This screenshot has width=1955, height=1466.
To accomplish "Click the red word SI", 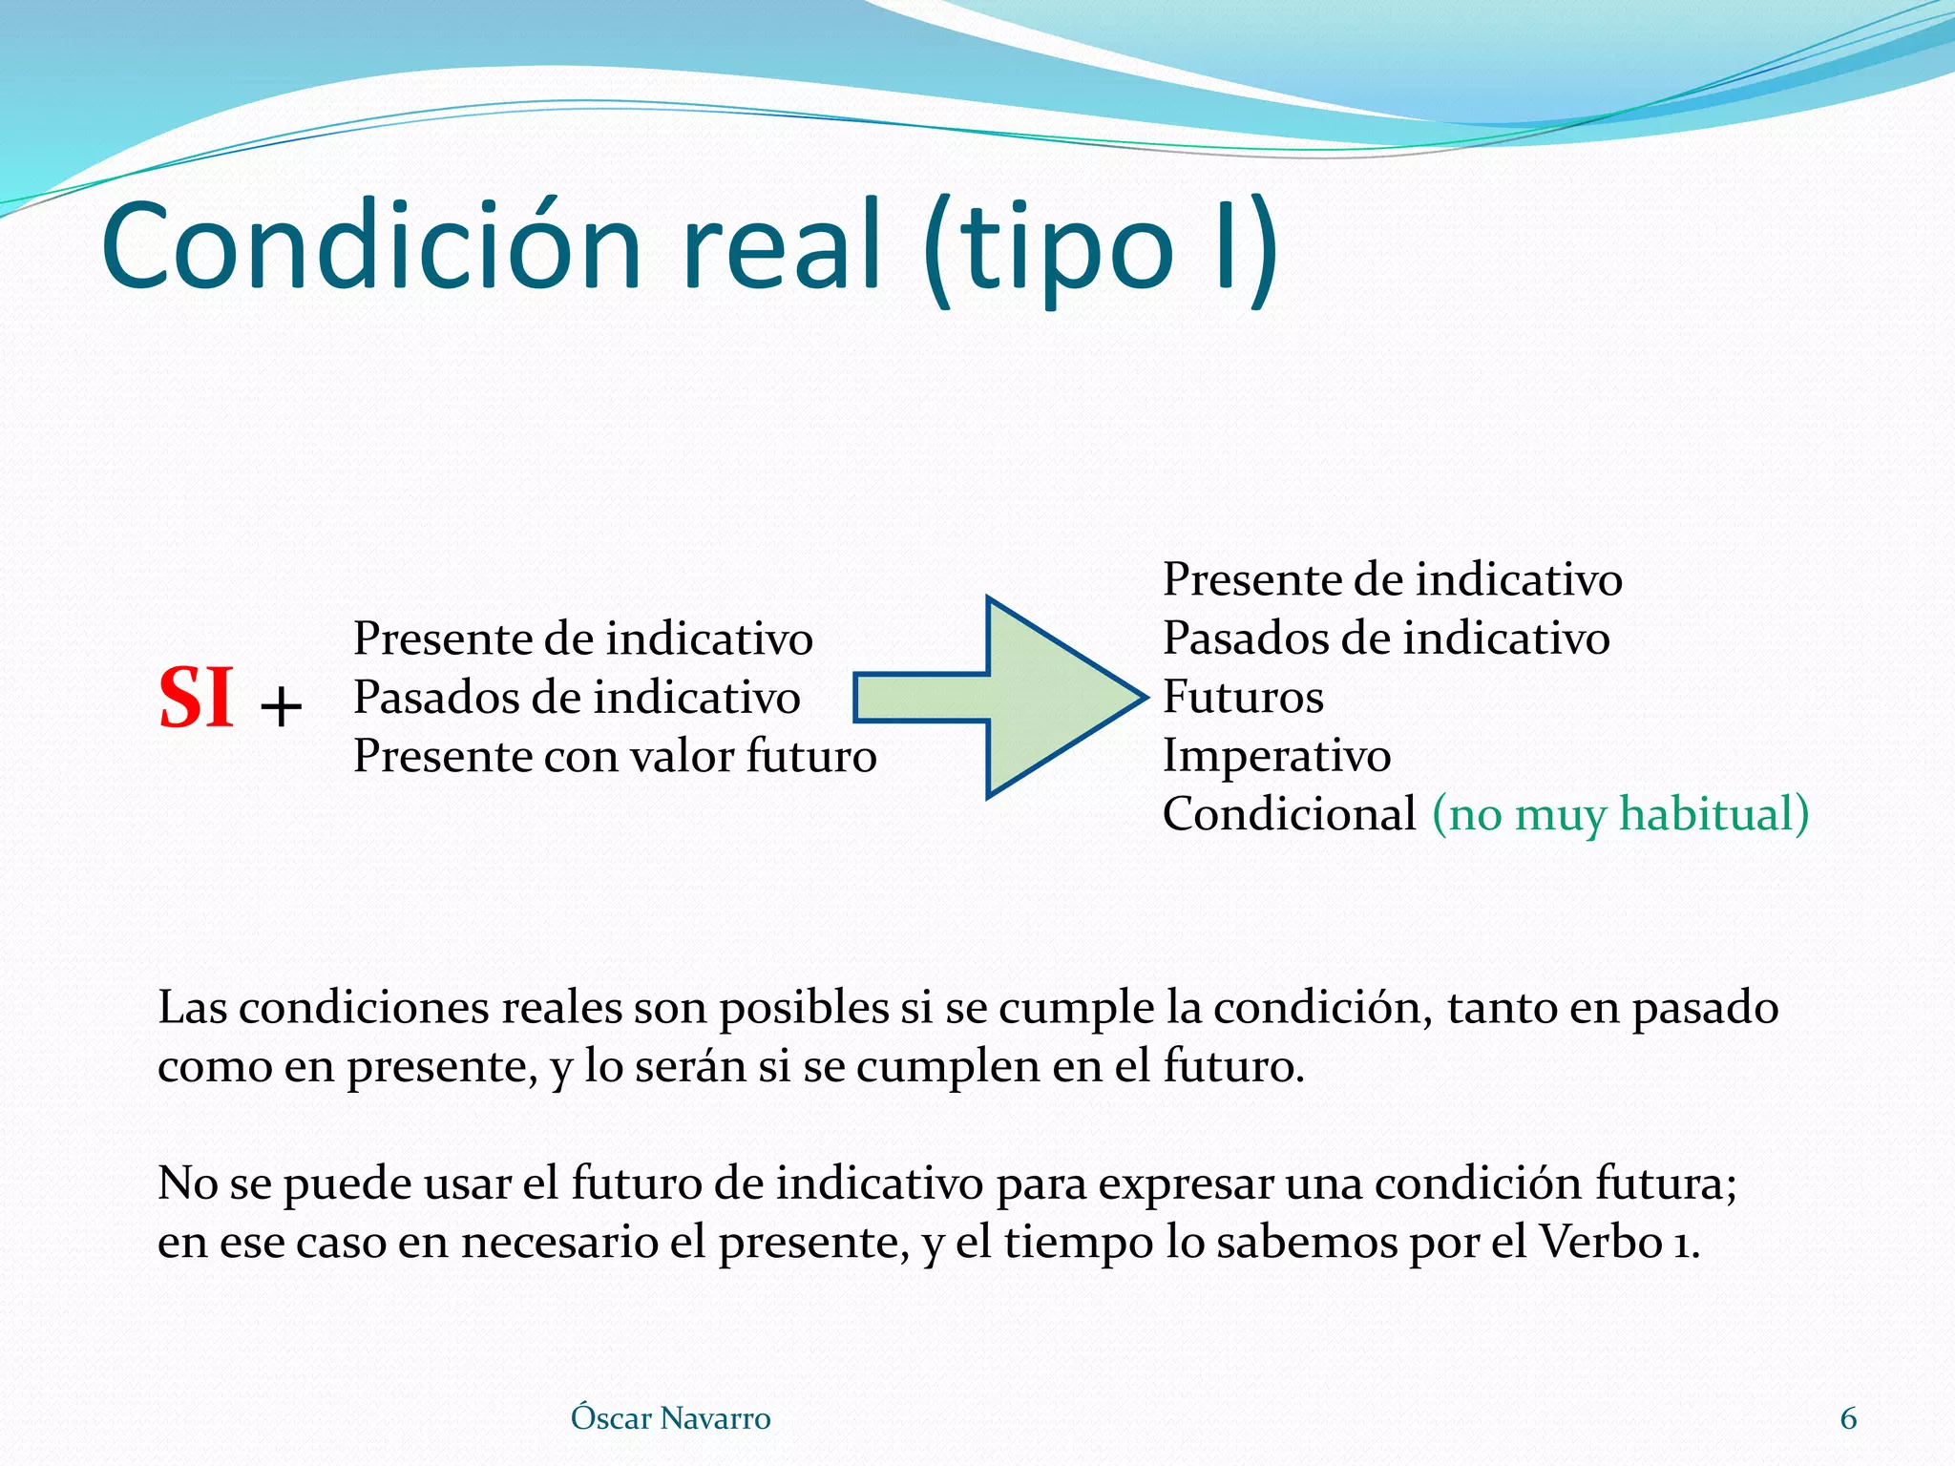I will (x=197, y=699).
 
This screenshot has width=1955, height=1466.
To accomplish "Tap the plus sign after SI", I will (x=281, y=708).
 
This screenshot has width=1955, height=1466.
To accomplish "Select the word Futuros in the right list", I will (x=1243, y=697).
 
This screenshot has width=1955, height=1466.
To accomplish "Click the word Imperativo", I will (x=1276, y=756).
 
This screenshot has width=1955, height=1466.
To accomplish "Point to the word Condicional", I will (x=1289, y=814).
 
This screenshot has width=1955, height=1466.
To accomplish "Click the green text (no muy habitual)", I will (x=1620, y=814).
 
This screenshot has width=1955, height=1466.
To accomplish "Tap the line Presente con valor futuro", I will (x=615, y=756).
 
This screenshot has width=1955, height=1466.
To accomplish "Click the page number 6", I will (x=1848, y=1418).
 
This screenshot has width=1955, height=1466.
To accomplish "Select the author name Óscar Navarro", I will (x=670, y=1418).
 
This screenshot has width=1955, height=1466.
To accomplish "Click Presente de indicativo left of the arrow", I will (x=582, y=639).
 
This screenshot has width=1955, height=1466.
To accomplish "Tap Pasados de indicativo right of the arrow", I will (x=1385, y=638).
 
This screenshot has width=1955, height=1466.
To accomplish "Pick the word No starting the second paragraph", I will (x=187, y=1183).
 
